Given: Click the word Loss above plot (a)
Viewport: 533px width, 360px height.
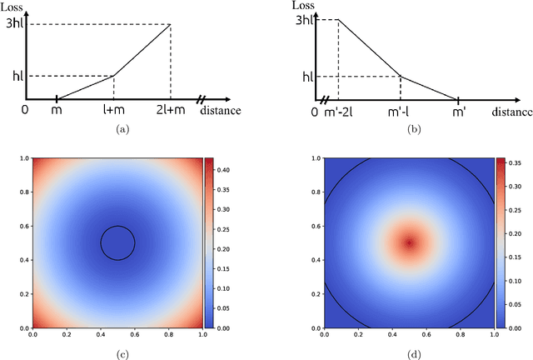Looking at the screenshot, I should pos(12,7).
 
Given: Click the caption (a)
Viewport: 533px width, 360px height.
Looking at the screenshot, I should pos(123,129).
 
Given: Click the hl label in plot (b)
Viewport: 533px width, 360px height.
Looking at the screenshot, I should pos(308,77).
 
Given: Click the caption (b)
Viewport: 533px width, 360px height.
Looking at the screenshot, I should pos(411,129).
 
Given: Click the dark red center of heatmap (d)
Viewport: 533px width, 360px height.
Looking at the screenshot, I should pos(409,242).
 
